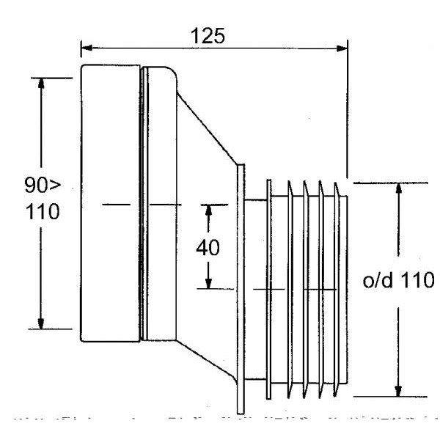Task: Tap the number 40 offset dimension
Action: (x=209, y=247)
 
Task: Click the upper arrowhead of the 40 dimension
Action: (x=209, y=209)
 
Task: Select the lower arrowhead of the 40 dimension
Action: (x=209, y=283)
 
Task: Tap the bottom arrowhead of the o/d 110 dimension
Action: (x=398, y=390)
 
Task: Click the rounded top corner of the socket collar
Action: (x=170, y=73)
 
